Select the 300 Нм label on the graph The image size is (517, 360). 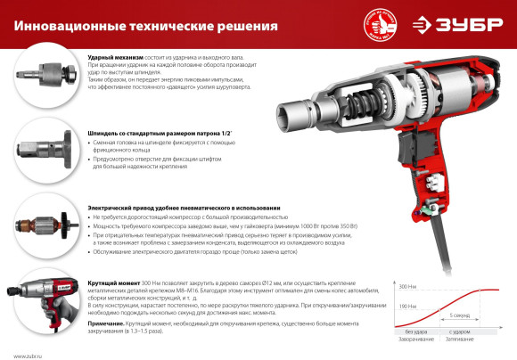[381, 286]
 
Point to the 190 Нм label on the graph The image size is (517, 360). [381, 307]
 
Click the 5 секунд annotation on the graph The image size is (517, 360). [459, 315]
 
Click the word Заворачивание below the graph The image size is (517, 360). [405, 340]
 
